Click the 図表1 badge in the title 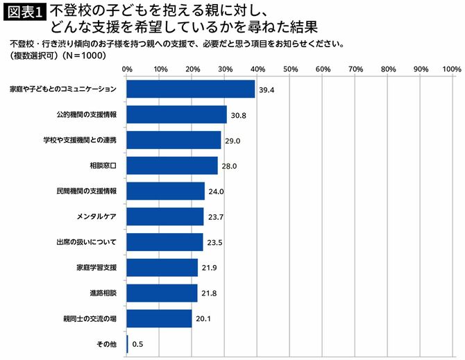click(25, 13)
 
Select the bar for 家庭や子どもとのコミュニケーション click(191, 89)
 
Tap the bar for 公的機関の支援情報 click(177, 114)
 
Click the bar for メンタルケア click(165, 216)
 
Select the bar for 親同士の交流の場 click(160, 318)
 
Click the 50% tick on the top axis click(290, 69)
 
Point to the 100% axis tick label click(451, 69)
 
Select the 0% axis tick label click(127, 69)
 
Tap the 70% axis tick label click(355, 69)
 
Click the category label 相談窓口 click(103, 166)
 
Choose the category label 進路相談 click(103, 293)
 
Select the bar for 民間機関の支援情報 click(166, 191)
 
